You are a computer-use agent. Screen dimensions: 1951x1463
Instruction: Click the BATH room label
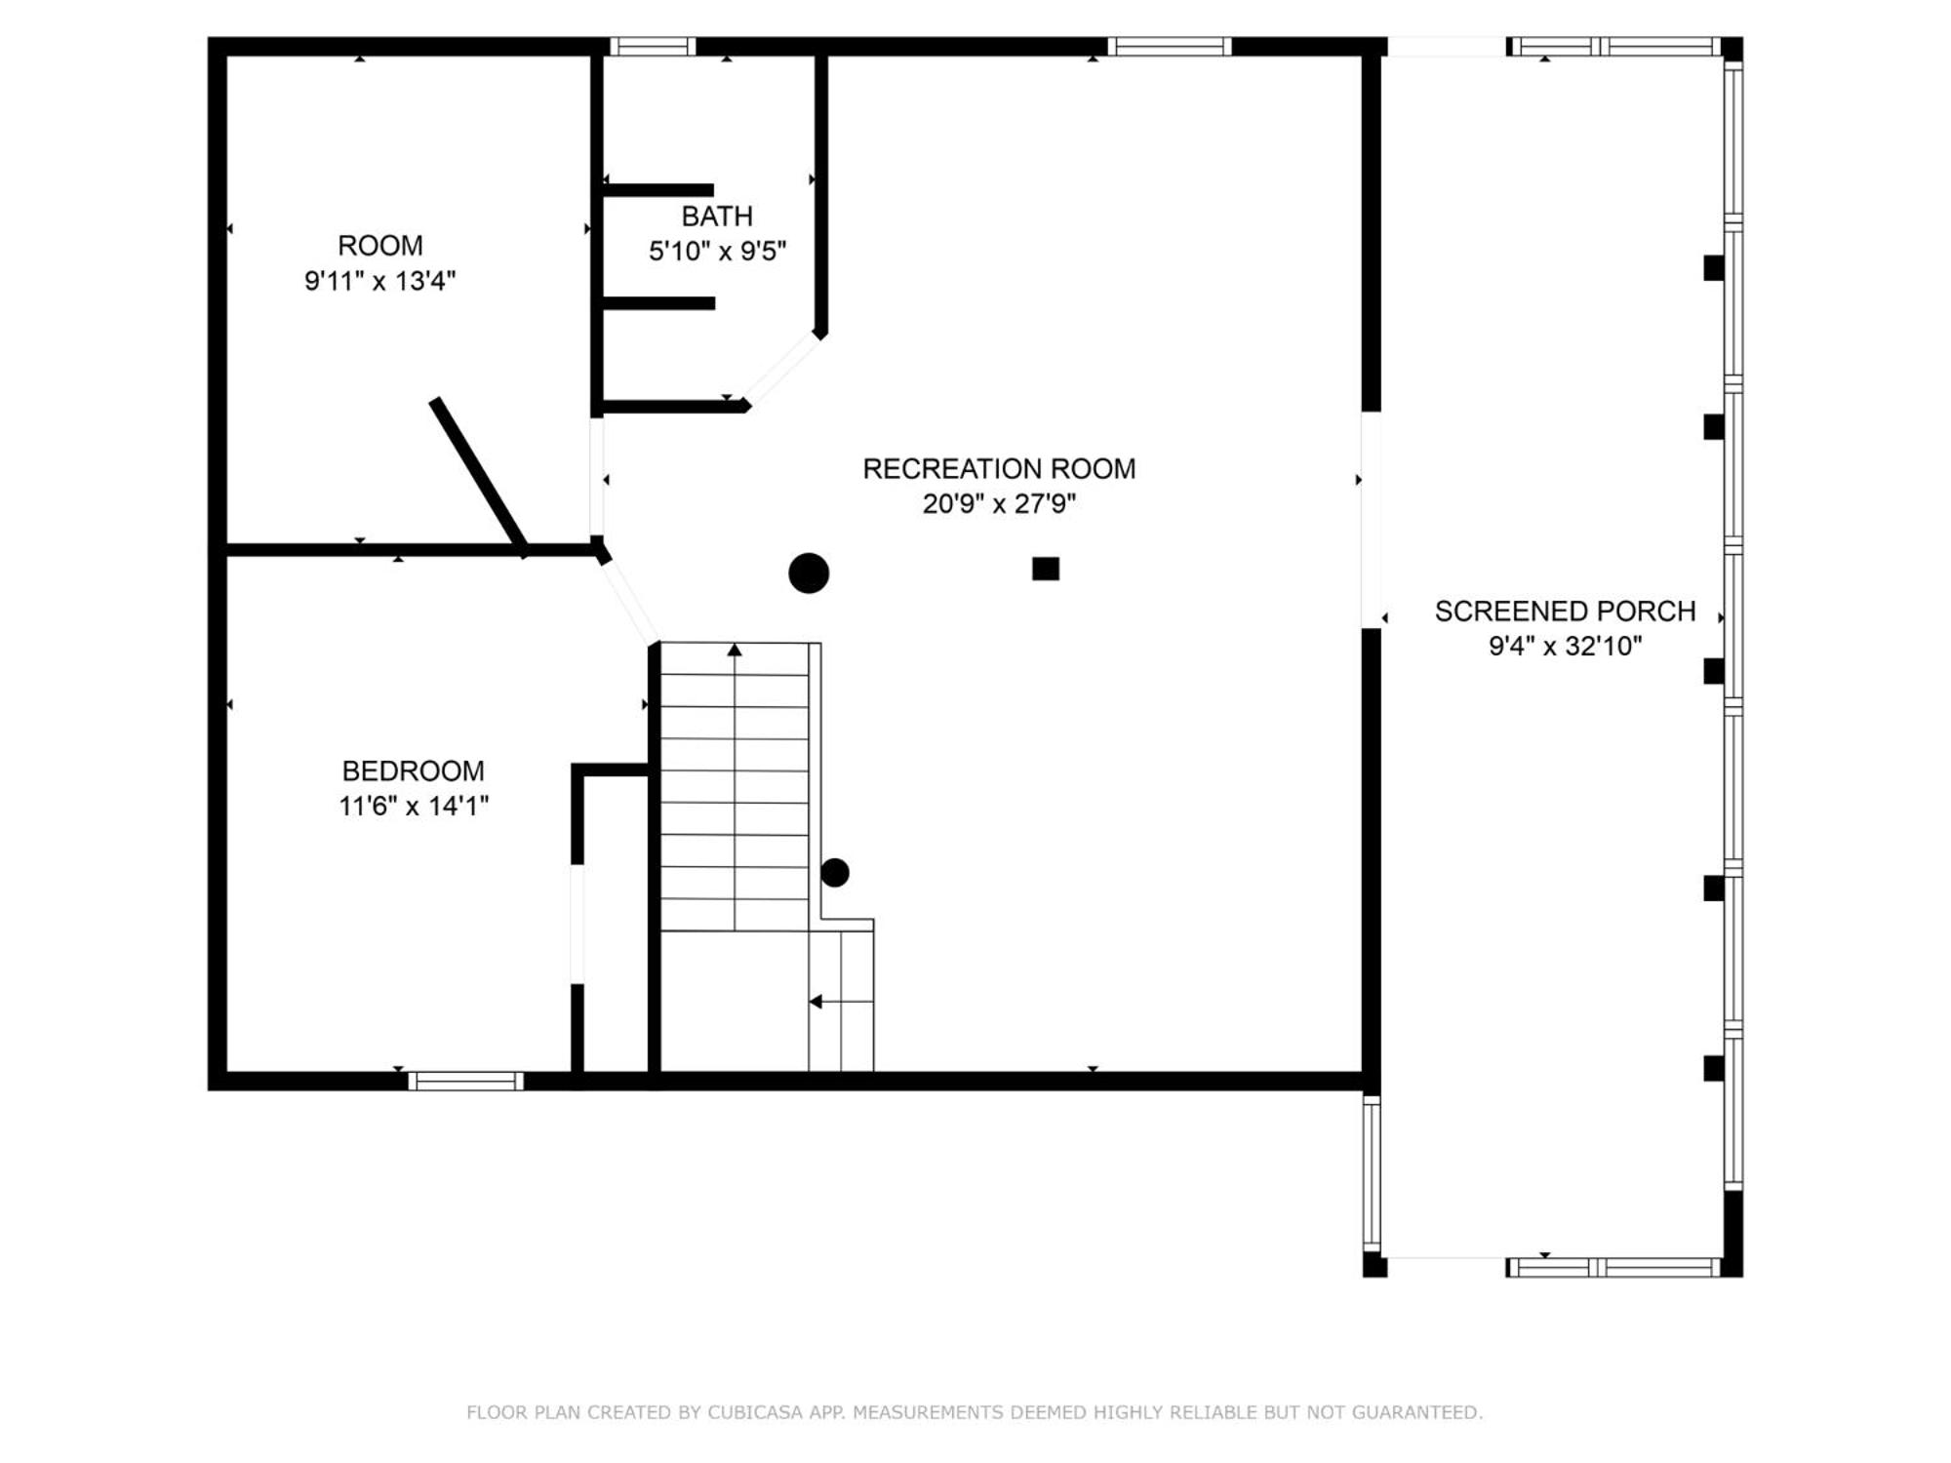tap(717, 216)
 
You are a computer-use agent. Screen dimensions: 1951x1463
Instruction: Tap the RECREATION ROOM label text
tap(999, 469)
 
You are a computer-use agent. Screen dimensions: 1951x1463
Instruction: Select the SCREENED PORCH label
tap(1565, 612)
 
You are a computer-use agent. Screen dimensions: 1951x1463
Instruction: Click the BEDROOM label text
tap(413, 771)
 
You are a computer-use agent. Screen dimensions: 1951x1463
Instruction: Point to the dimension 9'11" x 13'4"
tap(379, 281)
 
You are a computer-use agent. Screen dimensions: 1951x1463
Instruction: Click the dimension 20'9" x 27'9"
tap(999, 504)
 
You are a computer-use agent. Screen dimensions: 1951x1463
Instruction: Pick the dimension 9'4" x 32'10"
tap(1565, 646)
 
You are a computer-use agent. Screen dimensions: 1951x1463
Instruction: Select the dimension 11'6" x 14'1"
tap(413, 807)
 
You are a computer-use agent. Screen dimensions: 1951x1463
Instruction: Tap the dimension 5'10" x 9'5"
tap(717, 251)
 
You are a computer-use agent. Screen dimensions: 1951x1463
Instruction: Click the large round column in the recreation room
tap(809, 573)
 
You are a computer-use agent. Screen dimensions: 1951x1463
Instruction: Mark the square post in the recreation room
tap(1046, 569)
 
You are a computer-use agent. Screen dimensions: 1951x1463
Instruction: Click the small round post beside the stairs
tap(835, 873)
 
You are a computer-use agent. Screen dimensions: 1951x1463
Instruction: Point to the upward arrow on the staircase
tap(735, 650)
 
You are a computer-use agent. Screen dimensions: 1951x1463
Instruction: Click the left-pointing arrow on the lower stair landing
tap(816, 1002)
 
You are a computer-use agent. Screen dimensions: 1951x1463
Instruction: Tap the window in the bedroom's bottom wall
tap(466, 1081)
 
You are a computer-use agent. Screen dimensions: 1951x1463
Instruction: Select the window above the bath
tap(653, 46)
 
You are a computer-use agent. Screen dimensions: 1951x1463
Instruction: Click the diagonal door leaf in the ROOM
tap(479, 476)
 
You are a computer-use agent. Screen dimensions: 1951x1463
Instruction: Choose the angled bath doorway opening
tap(782, 369)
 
